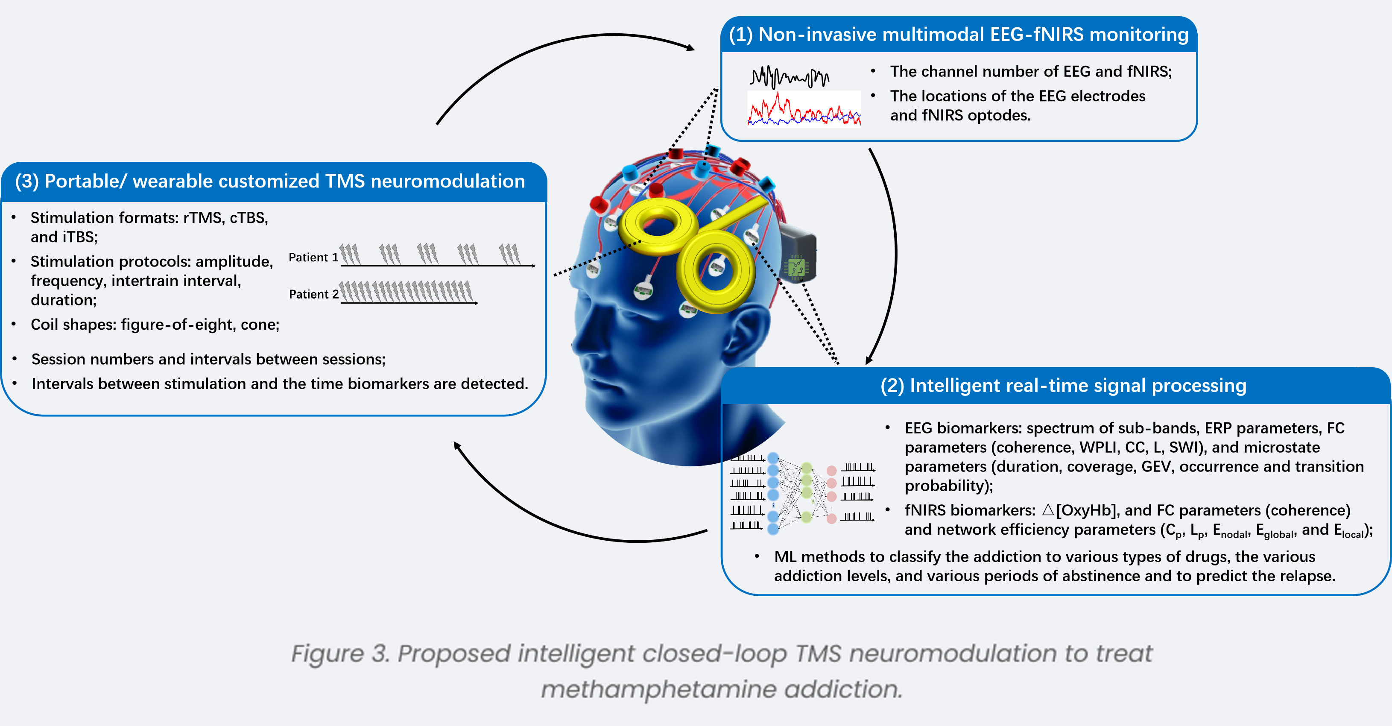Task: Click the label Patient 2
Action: click(x=313, y=294)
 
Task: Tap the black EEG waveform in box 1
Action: click(x=789, y=77)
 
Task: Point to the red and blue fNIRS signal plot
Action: click(x=804, y=110)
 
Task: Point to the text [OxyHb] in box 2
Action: click(x=1086, y=510)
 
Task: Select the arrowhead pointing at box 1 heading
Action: click(x=690, y=47)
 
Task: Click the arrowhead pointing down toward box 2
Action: click(x=869, y=360)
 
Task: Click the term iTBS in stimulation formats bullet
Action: click(x=79, y=237)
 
